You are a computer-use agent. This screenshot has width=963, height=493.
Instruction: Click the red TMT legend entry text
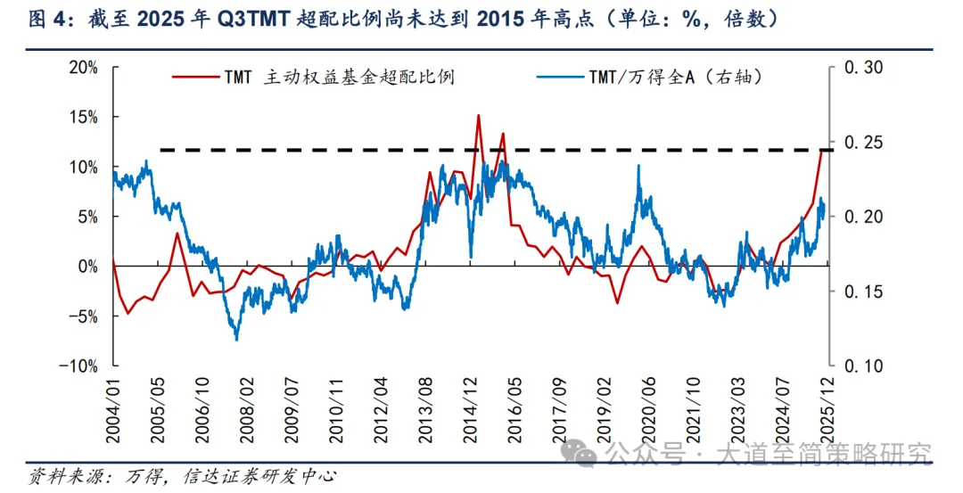pos(339,77)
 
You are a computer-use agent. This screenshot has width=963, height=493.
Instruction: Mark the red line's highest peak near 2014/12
pos(479,115)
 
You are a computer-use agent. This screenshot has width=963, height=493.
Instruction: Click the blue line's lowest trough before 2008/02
pos(236,339)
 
